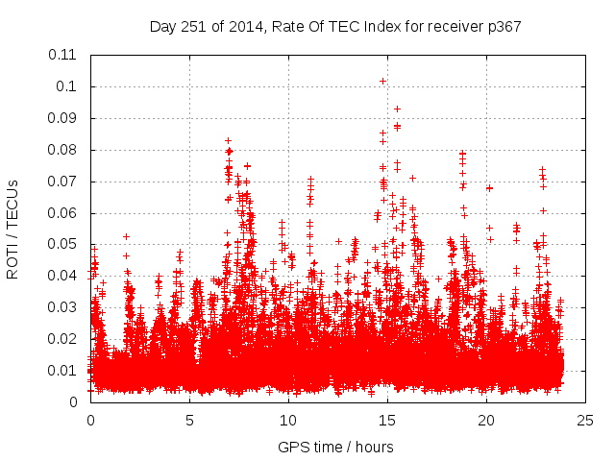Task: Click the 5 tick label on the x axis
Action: [189, 420]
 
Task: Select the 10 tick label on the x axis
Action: [288, 420]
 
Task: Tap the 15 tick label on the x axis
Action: [387, 420]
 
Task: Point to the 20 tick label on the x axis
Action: [486, 420]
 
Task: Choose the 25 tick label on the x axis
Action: [585, 420]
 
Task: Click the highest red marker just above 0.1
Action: [383, 81]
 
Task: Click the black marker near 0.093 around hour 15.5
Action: [397, 109]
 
